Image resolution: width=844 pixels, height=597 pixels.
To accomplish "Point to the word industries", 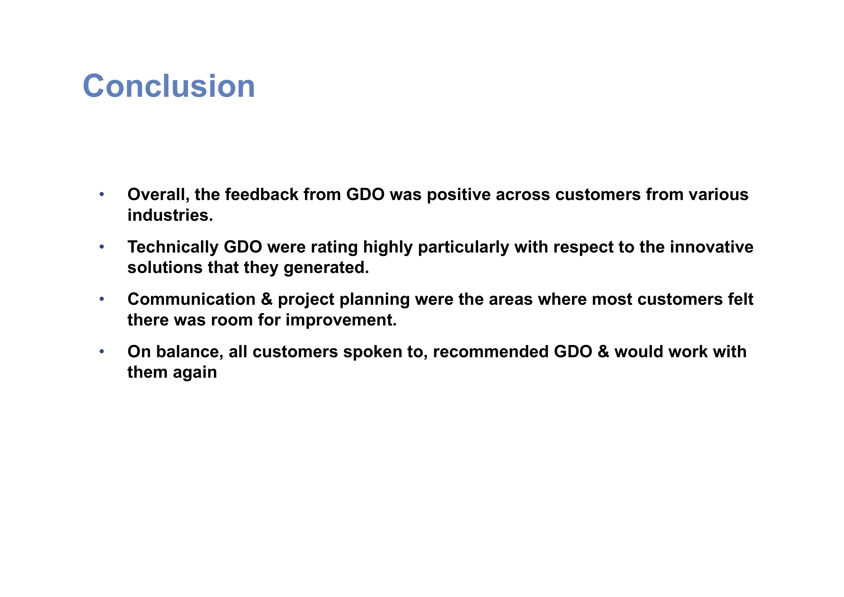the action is point(170,215).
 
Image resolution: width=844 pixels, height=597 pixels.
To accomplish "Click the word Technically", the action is point(173,247).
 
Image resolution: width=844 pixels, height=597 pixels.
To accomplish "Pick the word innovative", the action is point(711,247).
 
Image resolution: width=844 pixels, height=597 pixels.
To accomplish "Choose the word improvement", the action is point(341,320).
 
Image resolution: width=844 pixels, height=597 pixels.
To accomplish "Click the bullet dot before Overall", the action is point(102,194).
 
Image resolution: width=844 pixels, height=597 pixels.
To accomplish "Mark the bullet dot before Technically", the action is point(102,247).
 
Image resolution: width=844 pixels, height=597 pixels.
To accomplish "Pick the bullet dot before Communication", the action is point(102,299).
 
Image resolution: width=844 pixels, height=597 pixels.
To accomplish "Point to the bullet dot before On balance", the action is point(102,351).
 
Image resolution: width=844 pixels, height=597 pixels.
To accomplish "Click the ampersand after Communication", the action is point(266,299).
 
